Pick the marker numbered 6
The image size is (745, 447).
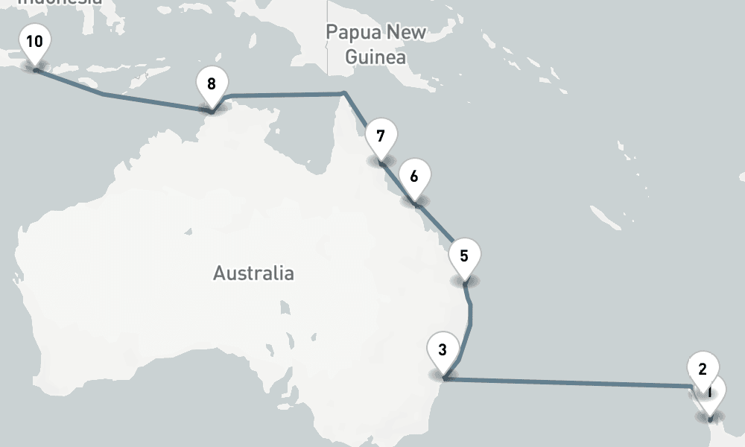(x=414, y=178)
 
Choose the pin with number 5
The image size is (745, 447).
(x=464, y=257)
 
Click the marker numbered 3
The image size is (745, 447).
(x=443, y=351)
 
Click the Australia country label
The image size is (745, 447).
(x=253, y=273)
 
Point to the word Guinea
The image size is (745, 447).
(x=375, y=57)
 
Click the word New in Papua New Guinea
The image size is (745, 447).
(x=407, y=32)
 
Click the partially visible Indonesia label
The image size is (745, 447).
(x=60, y=2)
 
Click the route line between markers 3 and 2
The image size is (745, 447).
(x=566, y=383)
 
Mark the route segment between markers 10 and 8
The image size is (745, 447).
(x=104, y=95)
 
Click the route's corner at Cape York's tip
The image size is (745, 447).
(x=343, y=94)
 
